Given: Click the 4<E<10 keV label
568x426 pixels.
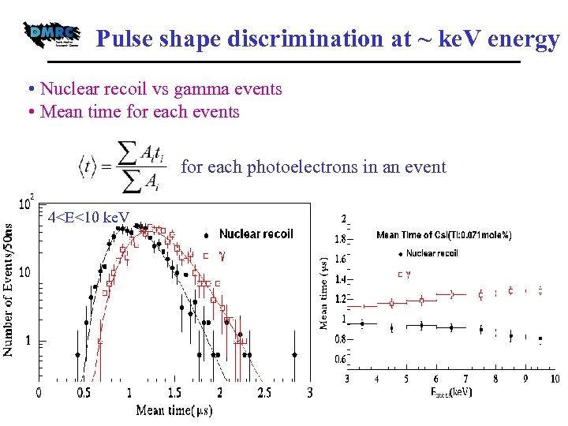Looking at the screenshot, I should (88, 217).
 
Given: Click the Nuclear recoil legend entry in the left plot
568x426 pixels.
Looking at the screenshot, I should (255, 234).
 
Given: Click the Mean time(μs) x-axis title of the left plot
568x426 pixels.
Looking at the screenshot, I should (174, 410).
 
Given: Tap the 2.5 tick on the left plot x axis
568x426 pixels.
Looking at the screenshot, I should (264, 392).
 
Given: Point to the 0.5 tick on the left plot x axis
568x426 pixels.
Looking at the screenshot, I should (84, 392).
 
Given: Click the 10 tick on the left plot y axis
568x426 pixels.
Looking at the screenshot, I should (25, 272).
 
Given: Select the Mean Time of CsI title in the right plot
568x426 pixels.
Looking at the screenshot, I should (443, 235).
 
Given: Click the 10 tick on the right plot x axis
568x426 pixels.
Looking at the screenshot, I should (555, 379).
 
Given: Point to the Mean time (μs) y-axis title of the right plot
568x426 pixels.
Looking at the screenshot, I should (323, 292).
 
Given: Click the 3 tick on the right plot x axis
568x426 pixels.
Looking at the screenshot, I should (347, 379).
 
